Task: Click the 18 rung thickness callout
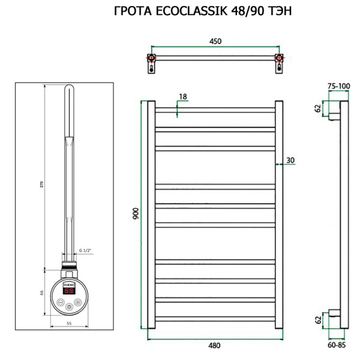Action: [x=182, y=97]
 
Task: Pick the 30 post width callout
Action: [x=290, y=160]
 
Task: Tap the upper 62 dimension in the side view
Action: [x=317, y=109]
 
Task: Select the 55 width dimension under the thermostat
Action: [x=69, y=323]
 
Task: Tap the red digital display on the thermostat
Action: [x=69, y=290]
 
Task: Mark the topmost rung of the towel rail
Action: [x=215, y=111]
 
